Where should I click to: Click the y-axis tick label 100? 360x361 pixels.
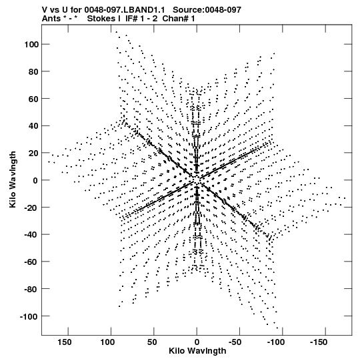(31, 44)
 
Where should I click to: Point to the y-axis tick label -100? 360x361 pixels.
(29, 316)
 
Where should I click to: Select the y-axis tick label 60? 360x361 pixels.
(33, 99)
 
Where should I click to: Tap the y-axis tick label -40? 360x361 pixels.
(31, 235)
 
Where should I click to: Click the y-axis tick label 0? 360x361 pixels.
(35, 180)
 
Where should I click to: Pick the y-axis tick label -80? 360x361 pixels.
(31, 289)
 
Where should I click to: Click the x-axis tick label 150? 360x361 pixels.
(65, 342)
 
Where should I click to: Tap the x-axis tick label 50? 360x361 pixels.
(152, 342)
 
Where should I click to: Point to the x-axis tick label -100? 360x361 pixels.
(276, 342)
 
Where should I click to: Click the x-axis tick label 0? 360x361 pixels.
(197, 342)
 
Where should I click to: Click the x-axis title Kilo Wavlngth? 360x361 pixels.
(197, 351)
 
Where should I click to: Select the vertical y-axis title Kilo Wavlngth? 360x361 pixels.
(13, 179)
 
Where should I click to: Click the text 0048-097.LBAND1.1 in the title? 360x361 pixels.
(125, 9)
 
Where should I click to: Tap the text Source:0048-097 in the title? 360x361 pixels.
(207, 9)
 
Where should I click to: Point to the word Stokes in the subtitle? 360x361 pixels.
(101, 19)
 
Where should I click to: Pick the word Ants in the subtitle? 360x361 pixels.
(51, 19)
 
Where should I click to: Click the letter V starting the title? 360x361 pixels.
(45, 9)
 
